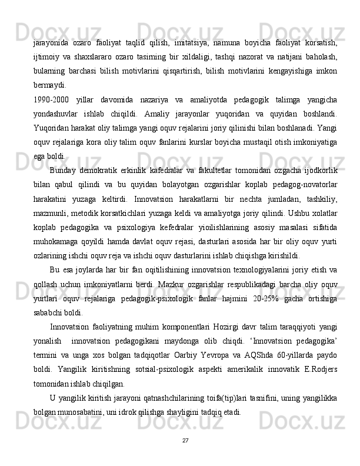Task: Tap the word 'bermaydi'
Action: click(49, 84)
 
